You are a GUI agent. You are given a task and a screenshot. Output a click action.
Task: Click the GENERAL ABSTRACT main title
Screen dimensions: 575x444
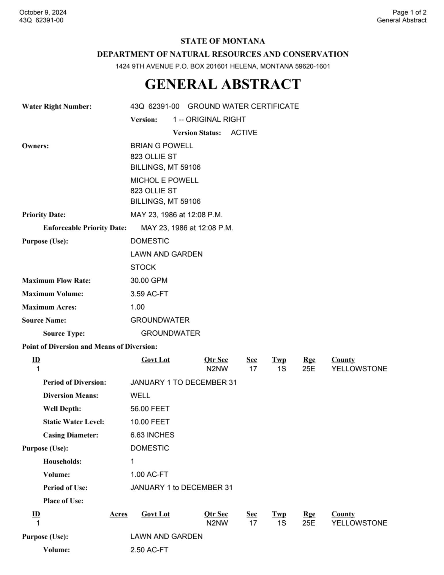tap(222, 84)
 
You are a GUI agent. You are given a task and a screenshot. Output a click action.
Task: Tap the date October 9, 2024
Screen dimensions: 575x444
tap(43, 12)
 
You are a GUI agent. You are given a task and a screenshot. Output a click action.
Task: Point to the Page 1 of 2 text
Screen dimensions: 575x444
tap(409, 12)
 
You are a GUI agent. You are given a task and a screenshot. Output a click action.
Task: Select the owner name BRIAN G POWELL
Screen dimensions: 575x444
tap(162, 146)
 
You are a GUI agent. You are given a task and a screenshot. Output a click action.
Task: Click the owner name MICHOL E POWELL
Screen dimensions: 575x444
tap(164, 180)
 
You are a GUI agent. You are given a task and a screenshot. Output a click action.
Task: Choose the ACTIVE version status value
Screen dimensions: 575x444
tap(244, 133)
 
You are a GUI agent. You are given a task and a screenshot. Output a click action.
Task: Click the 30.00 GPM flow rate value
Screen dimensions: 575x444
tap(149, 280)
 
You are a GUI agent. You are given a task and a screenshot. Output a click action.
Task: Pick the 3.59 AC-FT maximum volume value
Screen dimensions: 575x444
tap(149, 294)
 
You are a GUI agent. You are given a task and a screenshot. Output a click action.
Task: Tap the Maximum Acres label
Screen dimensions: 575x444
tap(49, 307)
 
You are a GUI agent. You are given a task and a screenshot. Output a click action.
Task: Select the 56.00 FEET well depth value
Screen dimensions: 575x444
tap(150, 409)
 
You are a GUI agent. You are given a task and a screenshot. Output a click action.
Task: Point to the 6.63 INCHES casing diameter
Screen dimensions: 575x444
tap(152, 435)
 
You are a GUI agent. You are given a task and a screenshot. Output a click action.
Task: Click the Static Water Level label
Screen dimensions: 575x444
tap(74, 422)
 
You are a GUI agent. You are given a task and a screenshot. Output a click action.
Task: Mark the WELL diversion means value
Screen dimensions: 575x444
tap(140, 395)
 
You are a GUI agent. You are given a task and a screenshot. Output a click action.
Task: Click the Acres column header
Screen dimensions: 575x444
tap(118, 514)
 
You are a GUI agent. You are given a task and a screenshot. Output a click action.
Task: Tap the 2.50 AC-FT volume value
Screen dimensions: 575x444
tap(149, 550)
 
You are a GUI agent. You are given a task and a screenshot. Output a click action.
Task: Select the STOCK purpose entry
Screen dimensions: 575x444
tap(143, 267)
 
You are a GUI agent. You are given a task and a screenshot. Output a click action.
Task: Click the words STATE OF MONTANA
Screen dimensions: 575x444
tap(222, 41)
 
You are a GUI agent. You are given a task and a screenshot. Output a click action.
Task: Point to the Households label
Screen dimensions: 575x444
tap(62, 461)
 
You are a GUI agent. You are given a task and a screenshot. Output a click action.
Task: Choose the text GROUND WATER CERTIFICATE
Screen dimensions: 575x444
tap(243, 106)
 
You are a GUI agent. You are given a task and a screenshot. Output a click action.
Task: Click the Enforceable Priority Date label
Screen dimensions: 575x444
tap(85, 228)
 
